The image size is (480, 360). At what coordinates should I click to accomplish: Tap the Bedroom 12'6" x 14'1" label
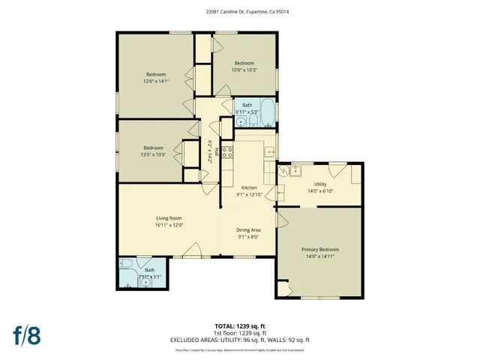pos(156,77)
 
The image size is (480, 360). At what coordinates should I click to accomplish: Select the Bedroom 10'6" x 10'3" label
pos(244,66)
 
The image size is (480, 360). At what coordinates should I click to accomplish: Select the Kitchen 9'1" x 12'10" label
pos(248,190)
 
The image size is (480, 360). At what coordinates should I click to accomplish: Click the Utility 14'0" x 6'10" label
pos(320,187)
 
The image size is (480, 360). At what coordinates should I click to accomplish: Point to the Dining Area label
pos(248,233)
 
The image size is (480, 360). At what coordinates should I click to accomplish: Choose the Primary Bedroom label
pos(320,252)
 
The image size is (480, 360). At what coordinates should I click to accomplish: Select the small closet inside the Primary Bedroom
pos(283,288)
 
